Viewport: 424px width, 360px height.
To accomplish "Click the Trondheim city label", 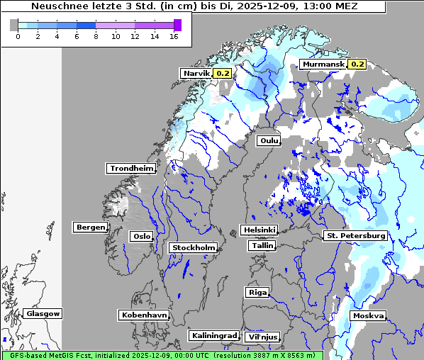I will [x=131, y=168].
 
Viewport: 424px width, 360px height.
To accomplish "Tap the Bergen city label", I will [x=89, y=227].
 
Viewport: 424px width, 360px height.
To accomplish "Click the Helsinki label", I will [x=259, y=230].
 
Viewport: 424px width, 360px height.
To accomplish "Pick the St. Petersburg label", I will [x=355, y=235].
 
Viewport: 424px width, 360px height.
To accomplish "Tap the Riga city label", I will [x=257, y=292].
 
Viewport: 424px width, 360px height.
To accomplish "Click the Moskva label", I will [x=369, y=315].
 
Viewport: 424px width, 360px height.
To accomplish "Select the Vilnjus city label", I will [x=262, y=337].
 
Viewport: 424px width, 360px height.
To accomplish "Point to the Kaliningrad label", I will [x=213, y=335].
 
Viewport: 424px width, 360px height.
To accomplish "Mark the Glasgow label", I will [x=43, y=313].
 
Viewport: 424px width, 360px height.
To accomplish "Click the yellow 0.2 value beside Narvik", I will [x=223, y=73].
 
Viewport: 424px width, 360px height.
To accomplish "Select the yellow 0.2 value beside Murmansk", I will [x=357, y=64].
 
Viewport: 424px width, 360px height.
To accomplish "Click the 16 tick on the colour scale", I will [x=174, y=36].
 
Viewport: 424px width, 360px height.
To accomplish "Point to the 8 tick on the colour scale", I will [x=96, y=36].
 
